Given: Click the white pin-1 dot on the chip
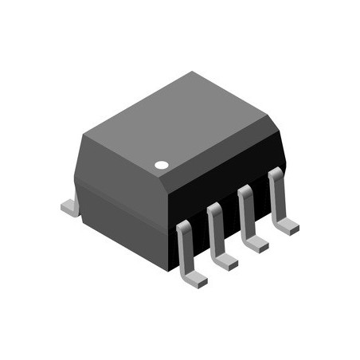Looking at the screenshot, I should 162,165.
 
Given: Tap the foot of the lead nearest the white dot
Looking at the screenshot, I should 194,278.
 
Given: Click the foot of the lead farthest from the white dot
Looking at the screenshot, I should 288,227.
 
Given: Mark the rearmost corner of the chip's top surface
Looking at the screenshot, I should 191,72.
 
